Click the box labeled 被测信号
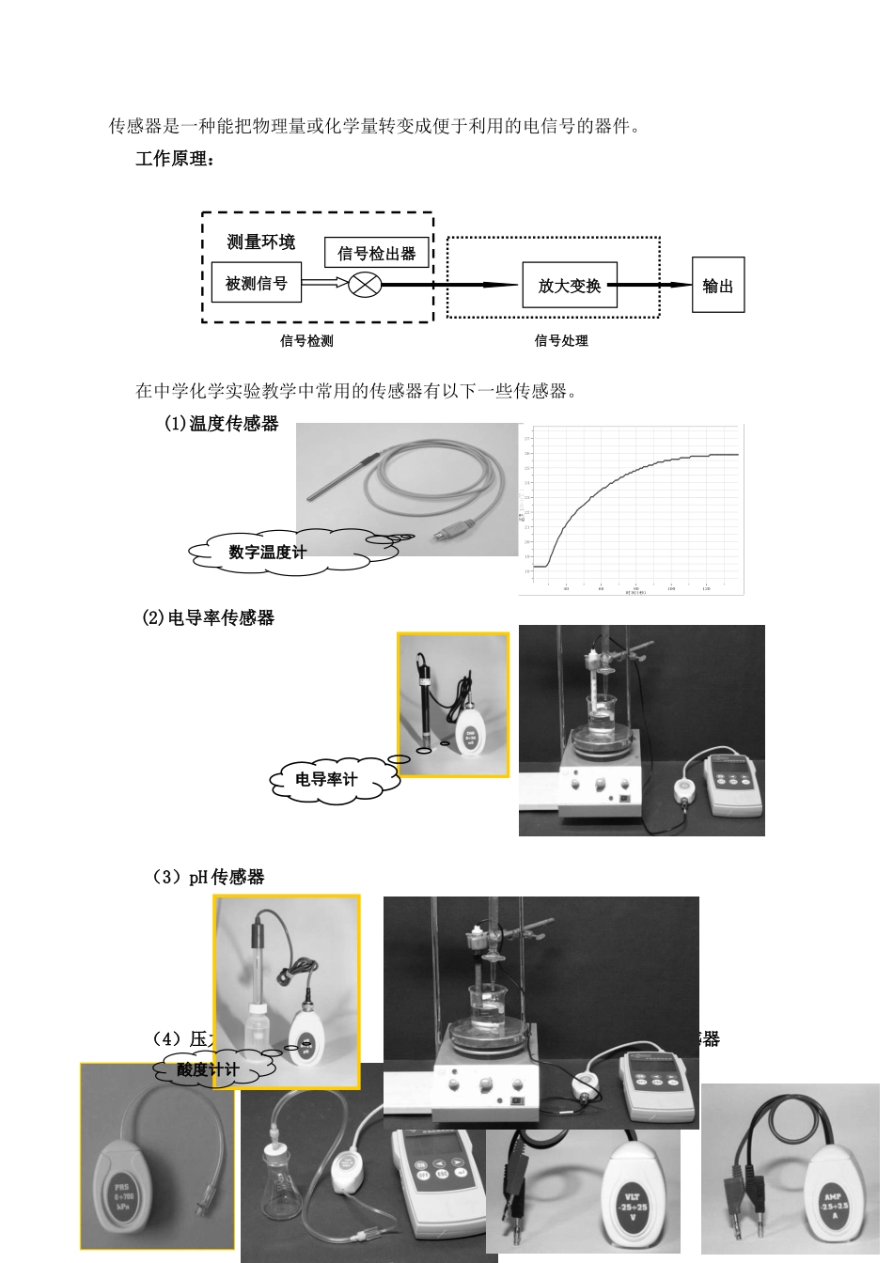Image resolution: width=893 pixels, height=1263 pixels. click(x=256, y=284)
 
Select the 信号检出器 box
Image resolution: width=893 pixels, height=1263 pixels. click(x=376, y=253)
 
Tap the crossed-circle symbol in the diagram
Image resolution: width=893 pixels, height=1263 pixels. click(x=364, y=285)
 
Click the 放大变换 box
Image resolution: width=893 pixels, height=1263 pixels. click(x=570, y=286)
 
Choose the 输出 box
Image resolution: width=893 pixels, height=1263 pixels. click(x=717, y=286)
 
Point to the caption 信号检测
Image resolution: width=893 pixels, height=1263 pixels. click(x=306, y=341)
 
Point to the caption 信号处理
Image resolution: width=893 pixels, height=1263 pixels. click(x=561, y=341)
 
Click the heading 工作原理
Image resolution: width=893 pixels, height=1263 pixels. click(x=175, y=160)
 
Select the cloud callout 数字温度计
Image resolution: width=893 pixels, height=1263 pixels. click(x=268, y=553)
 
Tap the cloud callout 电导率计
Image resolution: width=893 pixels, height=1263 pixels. click(x=326, y=780)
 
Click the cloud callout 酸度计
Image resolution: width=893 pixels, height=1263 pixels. click(x=208, y=1069)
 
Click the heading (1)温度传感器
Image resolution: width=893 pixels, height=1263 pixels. click(x=222, y=424)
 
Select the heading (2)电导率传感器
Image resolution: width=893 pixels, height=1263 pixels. click(x=208, y=618)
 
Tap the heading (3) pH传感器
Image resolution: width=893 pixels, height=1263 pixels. click(x=209, y=878)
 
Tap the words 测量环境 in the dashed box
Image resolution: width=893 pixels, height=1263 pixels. click(x=260, y=242)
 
